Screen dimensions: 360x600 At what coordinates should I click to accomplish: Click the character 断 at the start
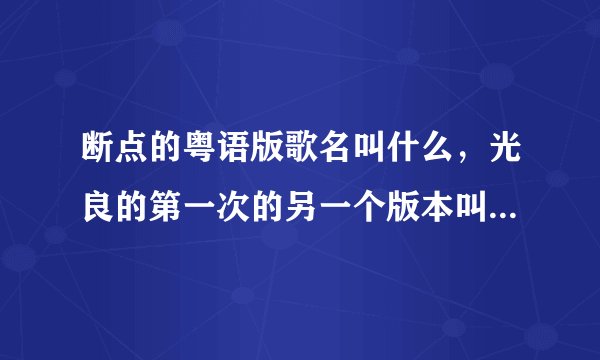(x=99, y=153)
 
